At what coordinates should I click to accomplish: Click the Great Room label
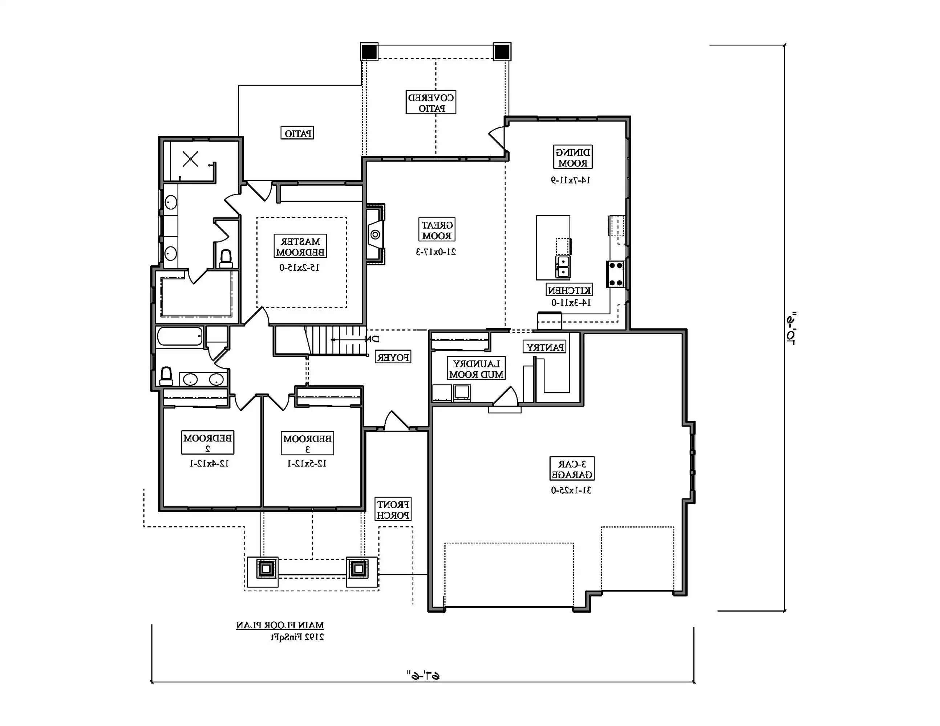tap(437, 230)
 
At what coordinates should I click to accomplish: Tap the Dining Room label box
tap(572, 157)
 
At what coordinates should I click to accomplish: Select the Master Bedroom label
tap(300, 246)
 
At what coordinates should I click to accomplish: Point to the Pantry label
tap(544, 347)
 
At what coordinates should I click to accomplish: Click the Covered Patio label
tap(431, 102)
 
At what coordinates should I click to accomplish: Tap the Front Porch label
tap(393, 509)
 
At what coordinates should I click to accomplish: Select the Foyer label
tap(393, 357)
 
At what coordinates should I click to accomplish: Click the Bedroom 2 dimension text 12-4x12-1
tap(210, 464)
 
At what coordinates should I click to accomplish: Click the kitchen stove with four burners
tap(616, 274)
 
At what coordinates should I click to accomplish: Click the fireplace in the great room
tap(375, 234)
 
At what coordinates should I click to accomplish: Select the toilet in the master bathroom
tap(226, 258)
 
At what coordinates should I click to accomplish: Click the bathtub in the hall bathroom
tap(180, 337)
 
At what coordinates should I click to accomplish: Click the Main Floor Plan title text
tap(280, 625)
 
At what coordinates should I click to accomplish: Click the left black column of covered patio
tap(369, 52)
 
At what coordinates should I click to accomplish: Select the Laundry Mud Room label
tap(476, 369)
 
